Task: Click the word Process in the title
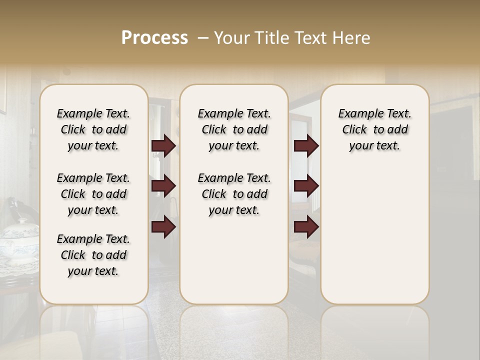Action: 154,38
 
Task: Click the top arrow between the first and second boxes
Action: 163,146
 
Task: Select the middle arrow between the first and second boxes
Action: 163,186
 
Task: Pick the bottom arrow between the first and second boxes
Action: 163,227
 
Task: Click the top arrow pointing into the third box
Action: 306,146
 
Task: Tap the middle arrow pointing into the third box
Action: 306,186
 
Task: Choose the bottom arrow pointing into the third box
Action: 306,227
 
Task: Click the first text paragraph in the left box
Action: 93,129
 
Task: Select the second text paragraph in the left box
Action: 93,194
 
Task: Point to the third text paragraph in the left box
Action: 93,255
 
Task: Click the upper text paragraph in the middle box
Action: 234,129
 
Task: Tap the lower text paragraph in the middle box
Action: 234,194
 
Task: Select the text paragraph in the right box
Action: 374,129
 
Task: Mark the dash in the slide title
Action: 203,38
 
